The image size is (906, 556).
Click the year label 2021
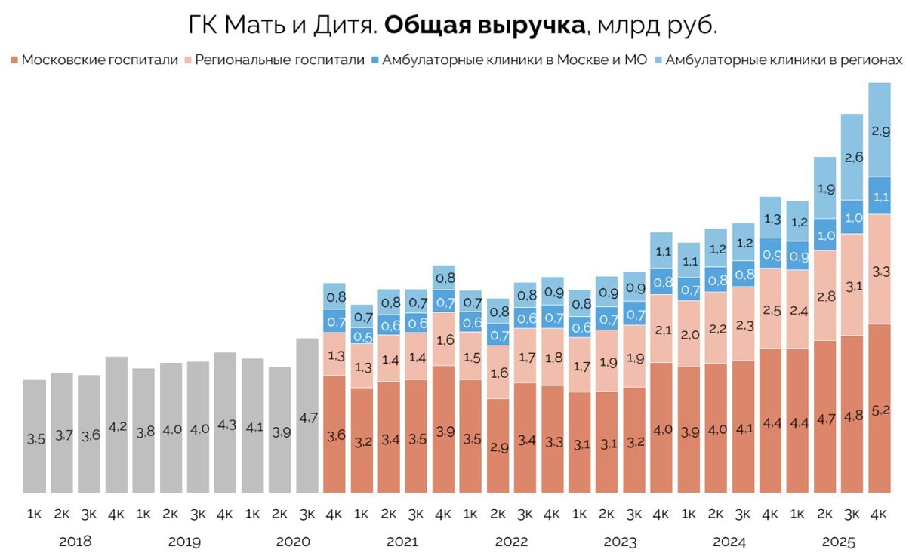[402, 542]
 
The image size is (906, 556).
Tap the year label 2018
[75, 542]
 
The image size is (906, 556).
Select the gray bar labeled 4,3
[225, 422]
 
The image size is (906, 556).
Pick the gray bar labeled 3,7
[62, 433]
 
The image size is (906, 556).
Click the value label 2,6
[852, 158]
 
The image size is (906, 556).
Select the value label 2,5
[770, 310]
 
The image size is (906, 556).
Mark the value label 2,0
[688, 335]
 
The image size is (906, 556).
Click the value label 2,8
[824, 296]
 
